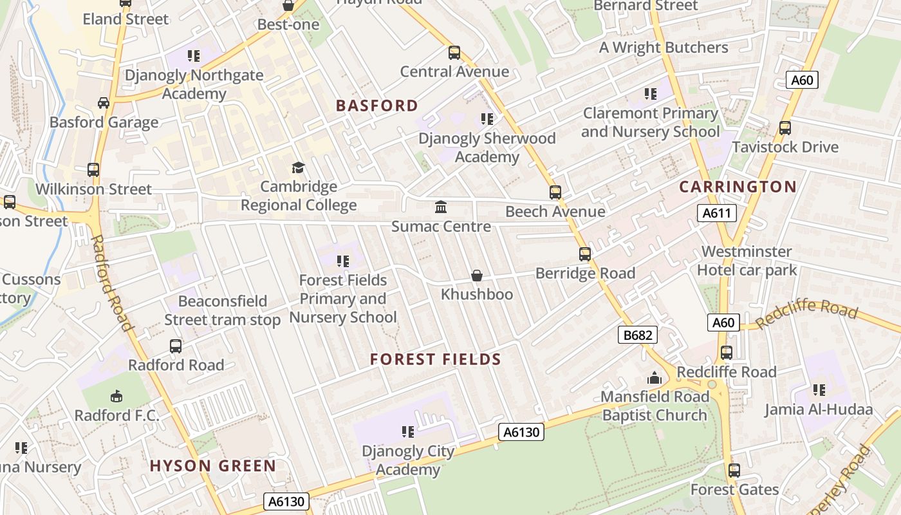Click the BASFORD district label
click(x=377, y=106)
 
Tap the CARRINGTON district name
click(x=738, y=187)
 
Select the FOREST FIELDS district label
click(x=436, y=359)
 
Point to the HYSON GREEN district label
click(x=213, y=465)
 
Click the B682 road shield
click(x=638, y=335)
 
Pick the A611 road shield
click(x=716, y=213)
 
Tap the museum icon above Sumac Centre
click(x=441, y=207)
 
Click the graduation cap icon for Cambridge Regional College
click(x=298, y=168)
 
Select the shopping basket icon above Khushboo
click(x=477, y=276)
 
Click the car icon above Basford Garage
click(x=104, y=103)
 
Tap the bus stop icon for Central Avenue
click(x=454, y=53)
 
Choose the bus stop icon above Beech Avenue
click(x=555, y=192)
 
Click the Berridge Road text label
click(x=585, y=273)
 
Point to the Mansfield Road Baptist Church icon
click(x=655, y=378)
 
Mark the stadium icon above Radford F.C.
click(x=116, y=396)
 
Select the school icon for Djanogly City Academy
click(x=407, y=431)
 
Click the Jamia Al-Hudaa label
click(x=818, y=409)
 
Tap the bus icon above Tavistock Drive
click(x=785, y=128)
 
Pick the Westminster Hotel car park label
click(x=747, y=261)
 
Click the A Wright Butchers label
click(x=664, y=48)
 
